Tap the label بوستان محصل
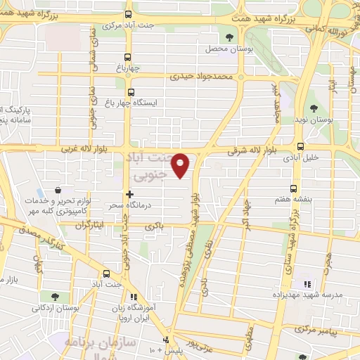tap(223, 49)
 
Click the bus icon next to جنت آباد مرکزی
tap(128, 14)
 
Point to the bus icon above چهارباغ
tap(128, 58)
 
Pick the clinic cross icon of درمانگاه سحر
tap(129, 193)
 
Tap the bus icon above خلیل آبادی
tap(301, 147)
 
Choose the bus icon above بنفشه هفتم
tap(293, 188)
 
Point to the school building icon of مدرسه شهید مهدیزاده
tap(307, 284)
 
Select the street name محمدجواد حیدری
tap(199, 76)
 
